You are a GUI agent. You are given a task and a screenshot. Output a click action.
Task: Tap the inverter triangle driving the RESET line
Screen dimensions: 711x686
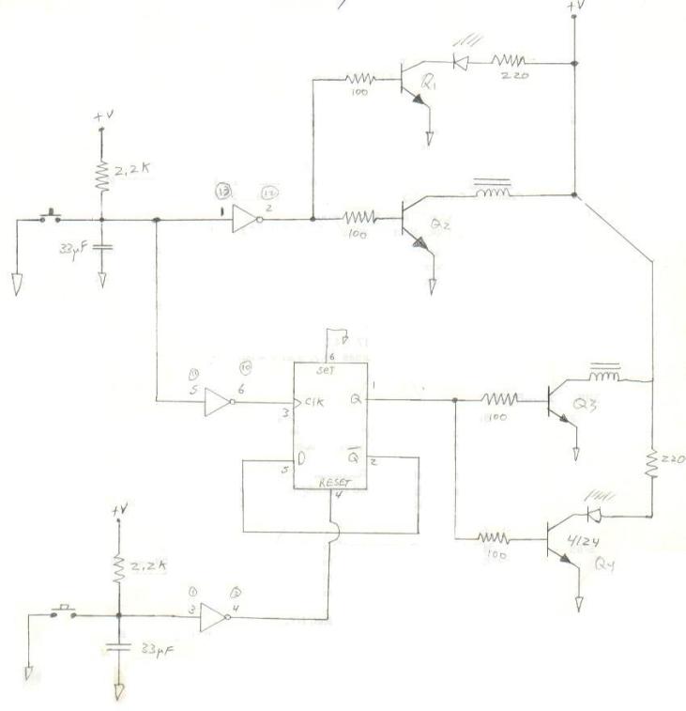tap(216, 616)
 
